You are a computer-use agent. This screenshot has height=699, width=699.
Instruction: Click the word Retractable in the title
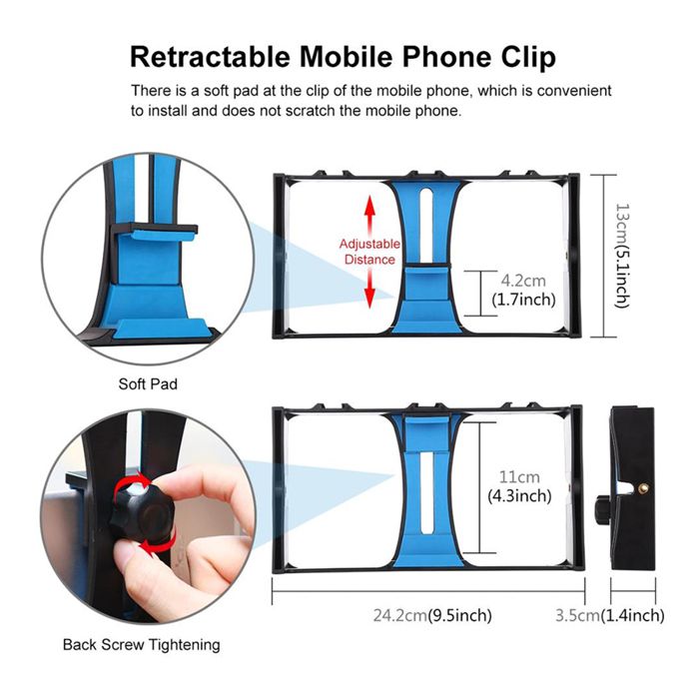[x=210, y=57]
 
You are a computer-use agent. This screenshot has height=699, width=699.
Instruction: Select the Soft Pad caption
[x=148, y=383]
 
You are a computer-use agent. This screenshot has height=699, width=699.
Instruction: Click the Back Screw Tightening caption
[x=142, y=645]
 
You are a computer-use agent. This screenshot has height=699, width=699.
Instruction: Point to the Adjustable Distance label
[x=369, y=252]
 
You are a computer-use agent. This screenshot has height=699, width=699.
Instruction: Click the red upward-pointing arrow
[x=369, y=216]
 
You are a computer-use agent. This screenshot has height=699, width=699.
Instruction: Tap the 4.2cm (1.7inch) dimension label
[x=523, y=290]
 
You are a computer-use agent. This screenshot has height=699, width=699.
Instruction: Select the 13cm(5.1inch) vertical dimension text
[x=622, y=256]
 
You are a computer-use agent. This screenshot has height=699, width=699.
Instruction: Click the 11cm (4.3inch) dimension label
[x=519, y=486]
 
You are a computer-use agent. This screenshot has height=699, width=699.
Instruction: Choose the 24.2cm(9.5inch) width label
[x=432, y=615]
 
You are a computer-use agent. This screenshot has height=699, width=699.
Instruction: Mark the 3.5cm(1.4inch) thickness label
[x=610, y=615]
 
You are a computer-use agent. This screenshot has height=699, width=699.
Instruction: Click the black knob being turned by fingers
[x=143, y=512]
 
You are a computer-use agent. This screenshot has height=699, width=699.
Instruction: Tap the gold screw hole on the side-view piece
[x=642, y=489]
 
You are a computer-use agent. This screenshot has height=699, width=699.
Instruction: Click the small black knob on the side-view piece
[x=602, y=508]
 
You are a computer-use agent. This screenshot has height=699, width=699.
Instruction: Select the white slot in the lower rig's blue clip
[x=427, y=492]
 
